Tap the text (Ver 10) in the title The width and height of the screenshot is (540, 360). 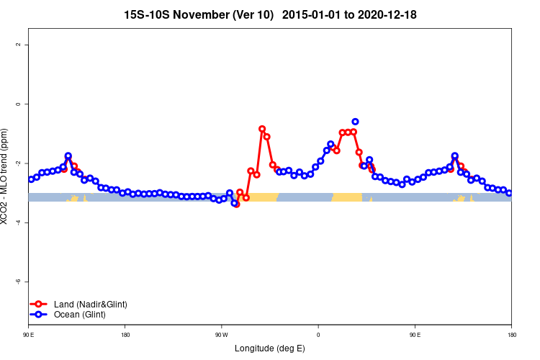pos(256,14)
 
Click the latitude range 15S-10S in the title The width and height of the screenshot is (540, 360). pos(148,14)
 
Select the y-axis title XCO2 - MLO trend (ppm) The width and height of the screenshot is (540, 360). pos(6,176)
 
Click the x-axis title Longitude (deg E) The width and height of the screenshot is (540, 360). pos(270,348)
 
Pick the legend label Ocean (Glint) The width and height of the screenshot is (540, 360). pos(79,315)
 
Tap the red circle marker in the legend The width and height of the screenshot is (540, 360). pos(39,305)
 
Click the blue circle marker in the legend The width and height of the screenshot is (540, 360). pos(39,315)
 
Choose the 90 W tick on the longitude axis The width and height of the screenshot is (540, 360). pos(221,335)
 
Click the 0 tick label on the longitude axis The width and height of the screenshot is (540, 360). pos(318,335)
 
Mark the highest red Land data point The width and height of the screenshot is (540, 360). pos(262,129)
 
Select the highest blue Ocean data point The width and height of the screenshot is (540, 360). pos(355,122)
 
